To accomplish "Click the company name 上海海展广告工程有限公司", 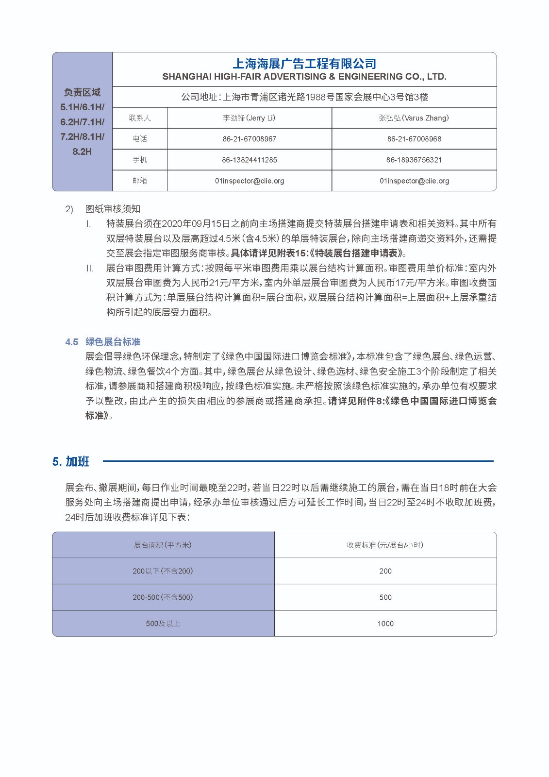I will point(304,64).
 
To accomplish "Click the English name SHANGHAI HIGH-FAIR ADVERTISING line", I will point(304,77).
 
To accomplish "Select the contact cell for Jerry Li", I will point(249,118).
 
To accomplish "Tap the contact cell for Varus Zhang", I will point(414,118).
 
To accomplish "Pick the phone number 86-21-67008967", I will point(249,139).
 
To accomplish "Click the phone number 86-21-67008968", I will point(414,139).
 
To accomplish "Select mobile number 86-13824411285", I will point(249,160).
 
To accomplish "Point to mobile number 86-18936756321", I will point(414,160).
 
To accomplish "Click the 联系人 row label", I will point(140,118).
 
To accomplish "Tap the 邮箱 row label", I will point(140,181).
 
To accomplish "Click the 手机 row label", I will point(140,160).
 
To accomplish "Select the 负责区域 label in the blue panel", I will point(82,92).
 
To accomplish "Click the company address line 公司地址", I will point(304,97).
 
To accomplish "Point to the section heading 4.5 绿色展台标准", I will point(103,342).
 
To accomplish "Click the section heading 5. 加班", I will point(71,462).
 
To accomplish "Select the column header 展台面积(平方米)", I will point(163,545).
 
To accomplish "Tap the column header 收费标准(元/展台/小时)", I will point(385,545).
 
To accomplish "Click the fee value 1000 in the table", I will point(385,624).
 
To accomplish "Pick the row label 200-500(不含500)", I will point(163,597).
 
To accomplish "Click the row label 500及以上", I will point(163,624).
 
